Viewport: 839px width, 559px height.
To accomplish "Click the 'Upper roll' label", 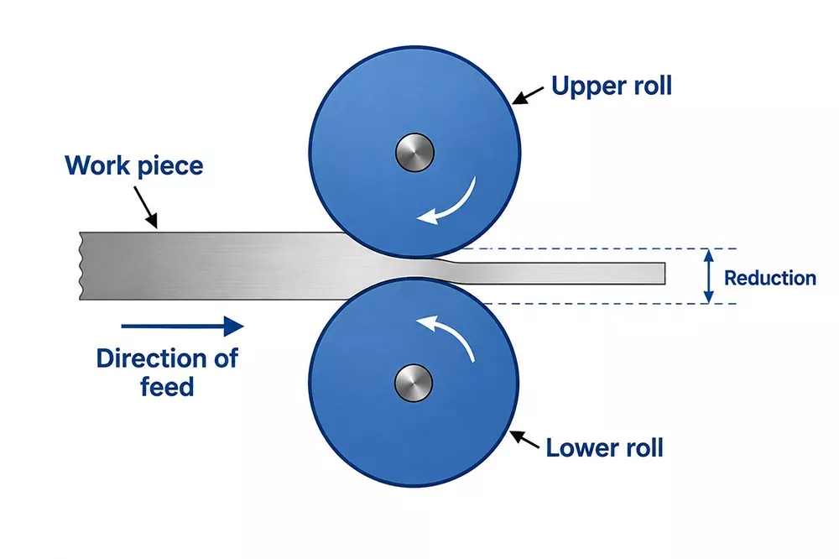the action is coord(611,86).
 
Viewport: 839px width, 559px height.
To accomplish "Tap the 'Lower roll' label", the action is coord(604,447).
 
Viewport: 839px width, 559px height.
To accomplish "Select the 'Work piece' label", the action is coord(133,165).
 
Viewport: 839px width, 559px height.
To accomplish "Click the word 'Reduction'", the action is coord(770,278).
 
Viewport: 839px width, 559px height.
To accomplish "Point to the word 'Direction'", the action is coord(151,358).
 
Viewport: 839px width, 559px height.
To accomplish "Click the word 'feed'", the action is coord(167,387).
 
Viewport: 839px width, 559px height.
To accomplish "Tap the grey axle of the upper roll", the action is coord(414,153).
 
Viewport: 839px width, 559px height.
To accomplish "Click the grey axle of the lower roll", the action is coord(413,384).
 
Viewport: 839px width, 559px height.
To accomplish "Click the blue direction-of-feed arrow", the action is coord(182,326).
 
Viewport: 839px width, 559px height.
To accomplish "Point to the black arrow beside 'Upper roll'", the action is coord(528,95).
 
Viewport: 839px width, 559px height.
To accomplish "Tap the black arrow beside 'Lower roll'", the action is coord(524,439).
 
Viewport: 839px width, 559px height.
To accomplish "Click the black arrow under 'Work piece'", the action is coord(145,207).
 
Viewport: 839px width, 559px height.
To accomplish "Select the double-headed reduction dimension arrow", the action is coord(708,276).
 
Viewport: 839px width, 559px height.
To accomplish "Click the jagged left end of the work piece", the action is coord(81,266).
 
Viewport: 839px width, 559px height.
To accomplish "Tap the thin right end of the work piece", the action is coord(664,273).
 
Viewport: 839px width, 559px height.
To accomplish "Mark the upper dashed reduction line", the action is coord(599,248).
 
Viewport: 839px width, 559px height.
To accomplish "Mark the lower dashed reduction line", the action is coord(610,304).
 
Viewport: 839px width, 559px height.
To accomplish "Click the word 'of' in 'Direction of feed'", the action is coord(226,358).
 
